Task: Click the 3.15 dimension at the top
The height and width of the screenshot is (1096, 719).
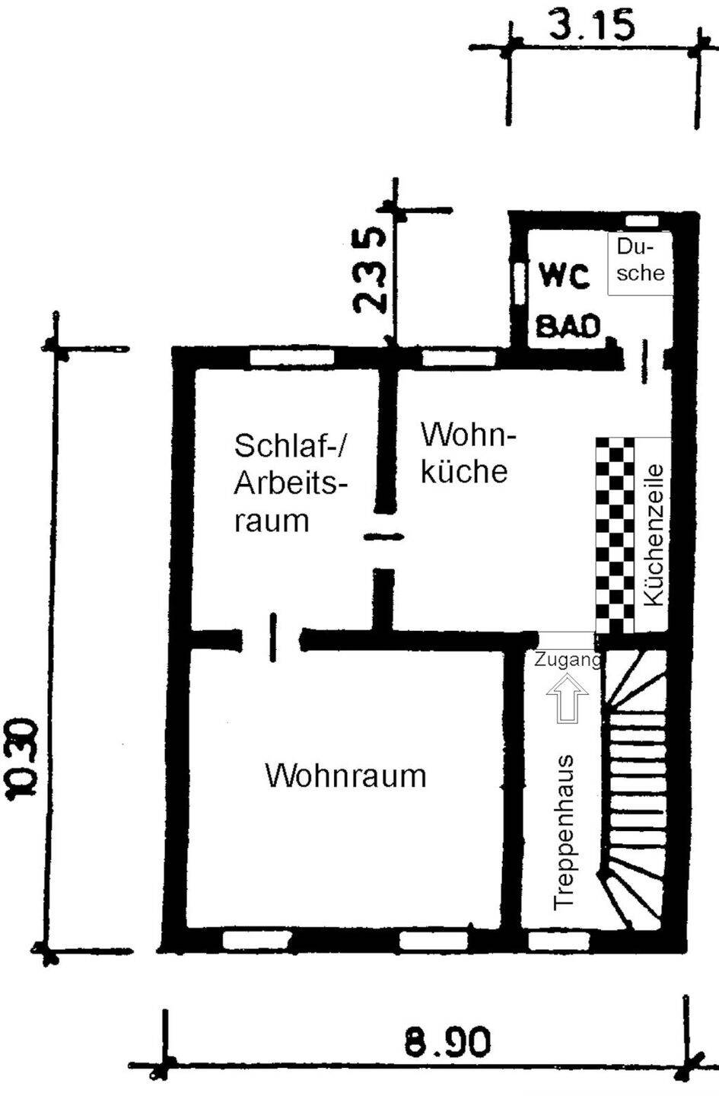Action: (x=592, y=24)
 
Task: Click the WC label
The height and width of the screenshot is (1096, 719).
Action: (x=564, y=277)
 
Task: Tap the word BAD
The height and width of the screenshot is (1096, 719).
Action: (x=568, y=326)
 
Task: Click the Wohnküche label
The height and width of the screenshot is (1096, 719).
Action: (x=468, y=453)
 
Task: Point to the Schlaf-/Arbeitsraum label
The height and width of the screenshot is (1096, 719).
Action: (x=291, y=483)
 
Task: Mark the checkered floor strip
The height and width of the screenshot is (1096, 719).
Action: (x=615, y=535)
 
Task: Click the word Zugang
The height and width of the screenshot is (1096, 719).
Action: (x=567, y=661)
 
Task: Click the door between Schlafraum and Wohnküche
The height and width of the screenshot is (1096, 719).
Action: (x=384, y=537)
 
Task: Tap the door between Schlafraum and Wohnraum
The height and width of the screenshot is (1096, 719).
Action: (x=272, y=638)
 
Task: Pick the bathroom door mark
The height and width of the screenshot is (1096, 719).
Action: (x=644, y=362)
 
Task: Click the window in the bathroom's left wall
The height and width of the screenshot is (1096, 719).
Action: (x=517, y=285)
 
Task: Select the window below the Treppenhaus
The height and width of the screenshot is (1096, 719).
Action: (x=559, y=940)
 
